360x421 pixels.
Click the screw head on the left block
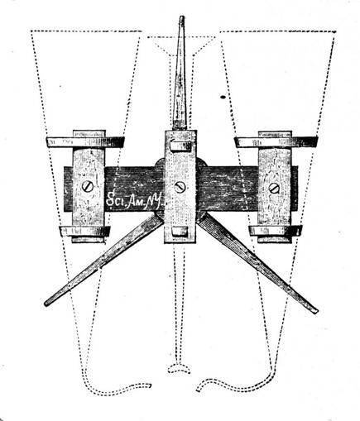(88, 187)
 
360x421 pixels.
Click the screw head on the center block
(180, 188)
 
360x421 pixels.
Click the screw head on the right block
(274, 188)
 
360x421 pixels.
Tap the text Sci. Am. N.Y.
(135, 200)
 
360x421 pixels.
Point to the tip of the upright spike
(181, 17)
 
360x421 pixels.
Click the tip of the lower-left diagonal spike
(46, 304)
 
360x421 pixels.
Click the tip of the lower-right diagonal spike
(316, 312)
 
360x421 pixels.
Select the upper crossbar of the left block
(84, 142)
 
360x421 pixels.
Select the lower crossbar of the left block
(84, 231)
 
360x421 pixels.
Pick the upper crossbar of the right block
(276, 141)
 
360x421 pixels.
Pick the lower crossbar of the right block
(276, 231)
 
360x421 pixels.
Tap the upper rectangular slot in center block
(180, 146)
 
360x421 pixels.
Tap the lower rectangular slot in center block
(180, 232)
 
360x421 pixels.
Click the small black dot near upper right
(223, 97)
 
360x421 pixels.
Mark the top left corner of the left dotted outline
(31, 31)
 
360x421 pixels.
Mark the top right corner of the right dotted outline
(335, 32)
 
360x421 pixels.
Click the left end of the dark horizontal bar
(65, 189)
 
